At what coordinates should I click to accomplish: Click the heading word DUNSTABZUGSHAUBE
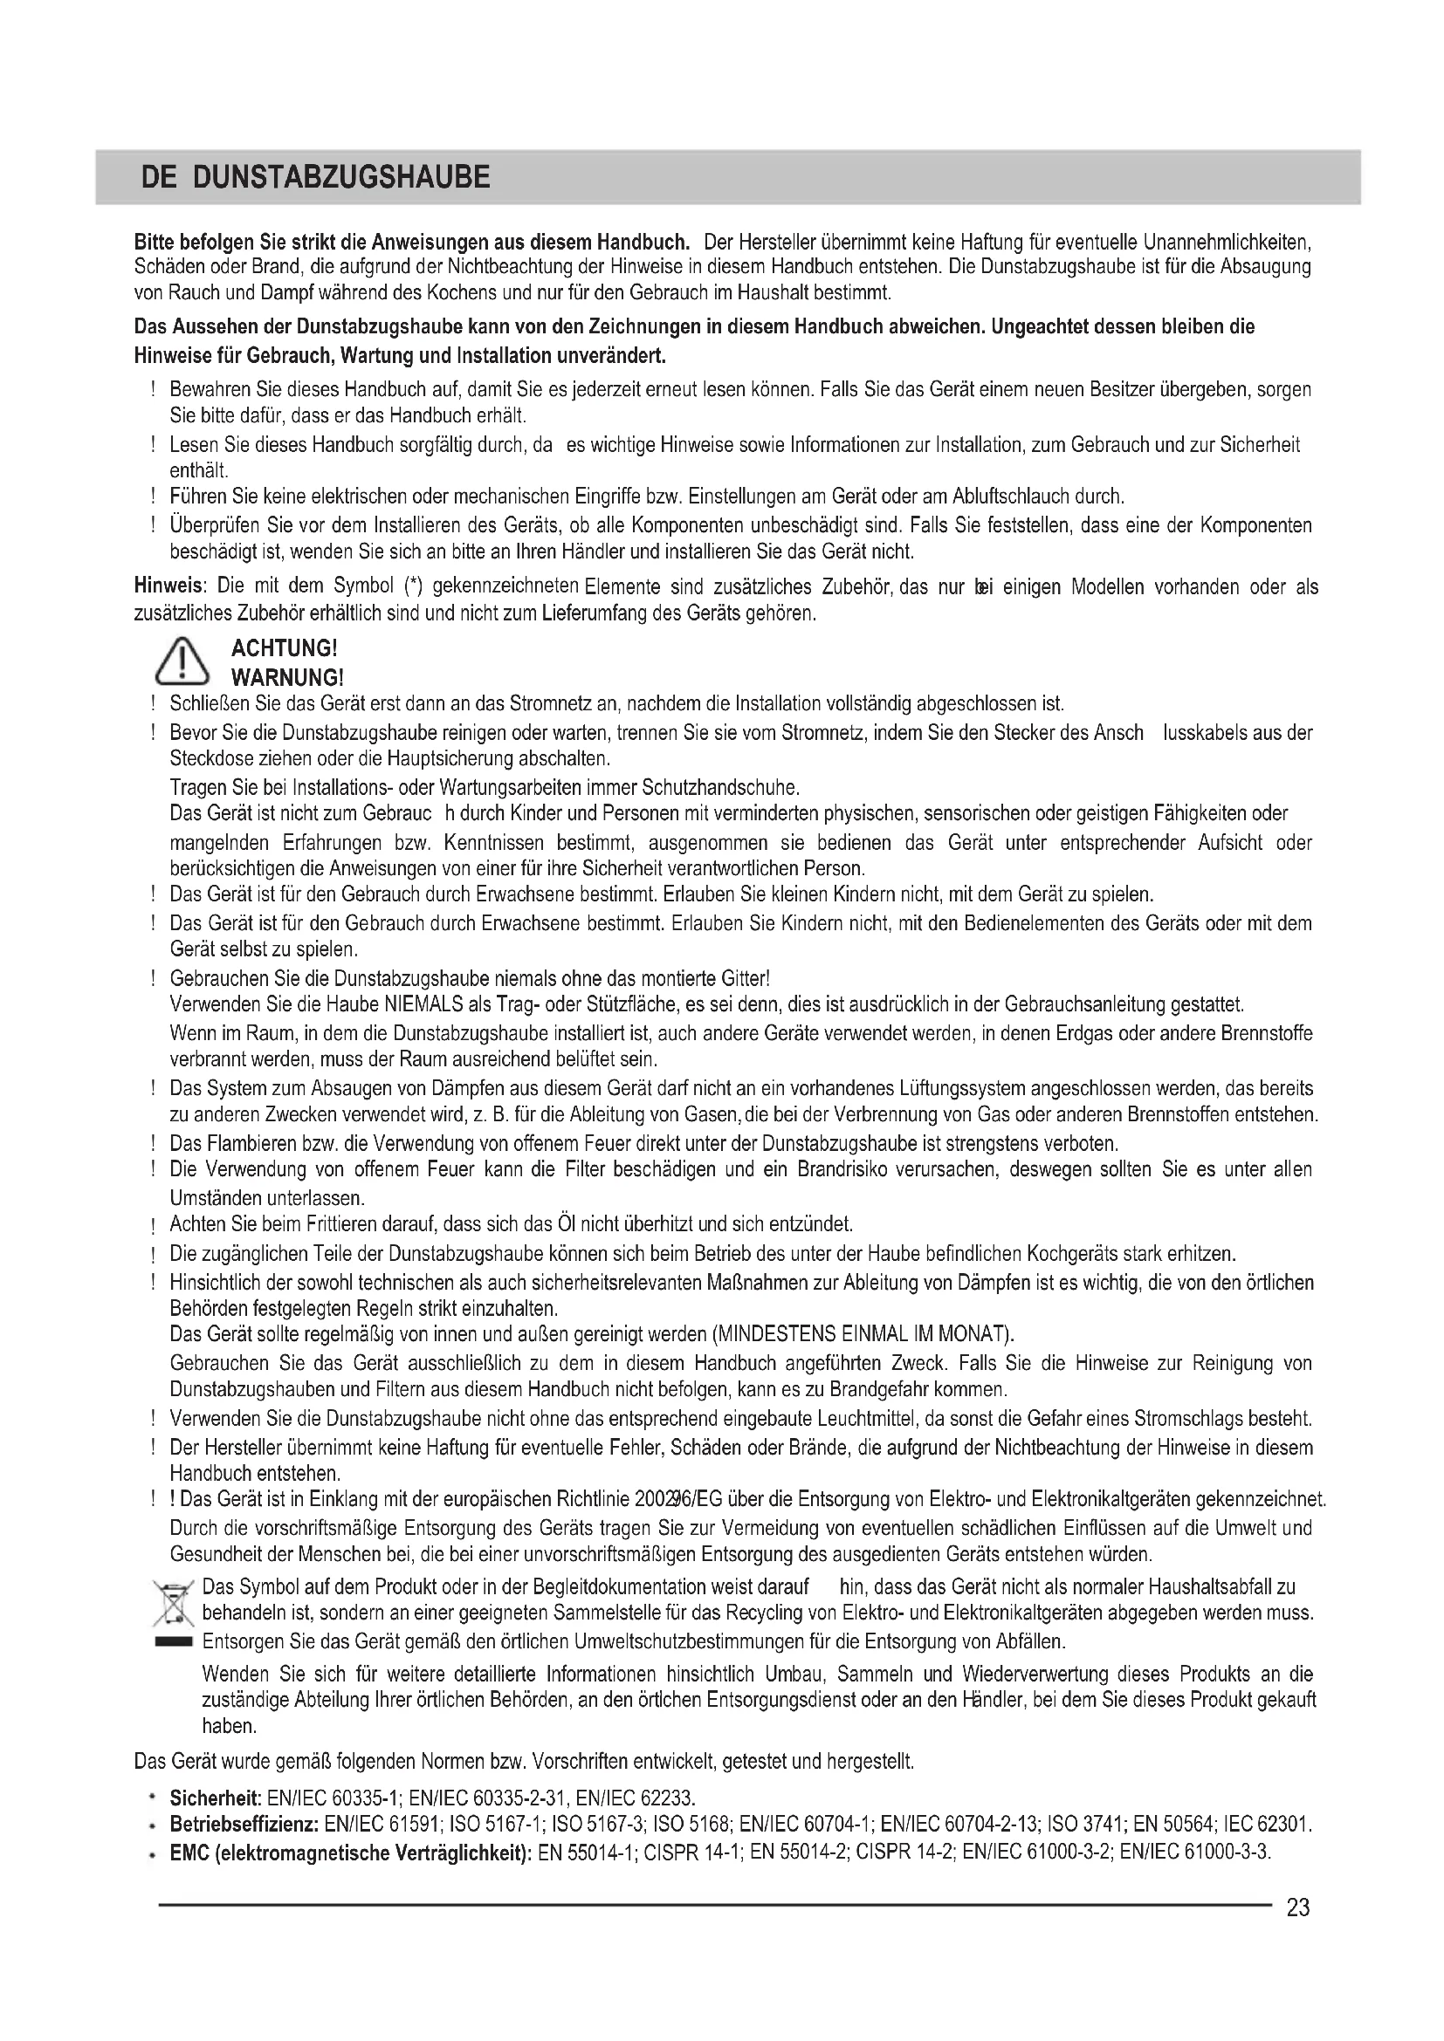pos(340,179)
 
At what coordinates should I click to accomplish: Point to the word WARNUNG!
pos(286,678)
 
